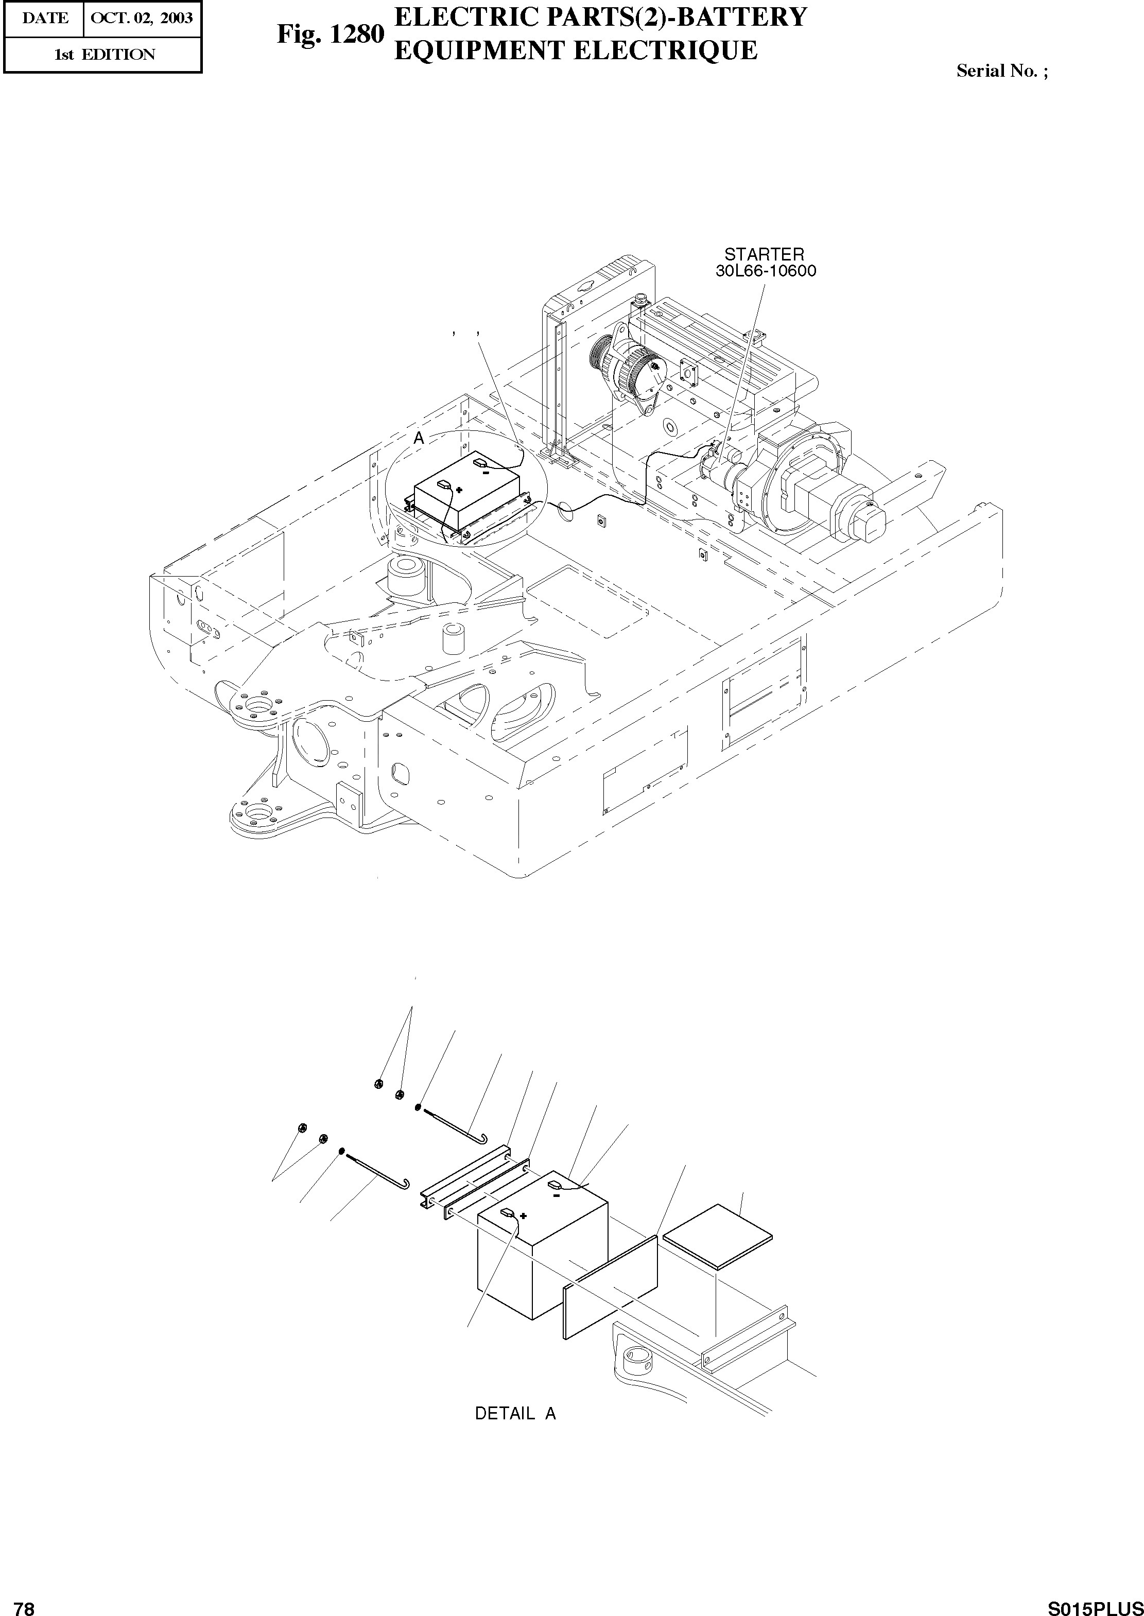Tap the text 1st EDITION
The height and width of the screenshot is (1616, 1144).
pos(104,54)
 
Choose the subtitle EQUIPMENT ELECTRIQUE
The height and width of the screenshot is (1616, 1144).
pos(575,49)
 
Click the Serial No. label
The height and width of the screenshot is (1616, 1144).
pos(1001,71)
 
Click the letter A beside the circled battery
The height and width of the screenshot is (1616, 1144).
pos(419,438)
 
